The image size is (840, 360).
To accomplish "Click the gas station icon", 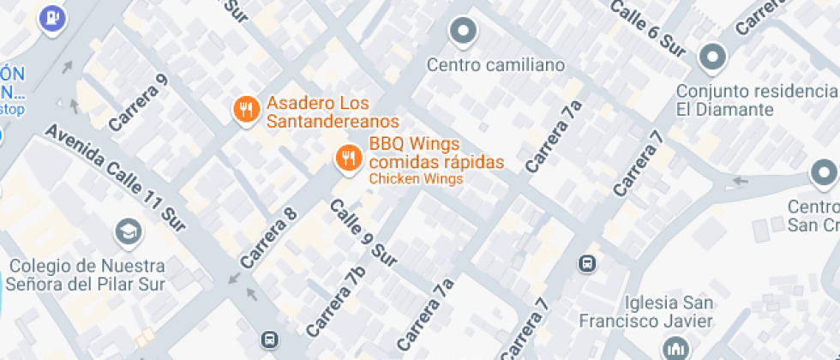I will (53, 16).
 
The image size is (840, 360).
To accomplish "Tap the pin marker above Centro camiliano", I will (463, 32).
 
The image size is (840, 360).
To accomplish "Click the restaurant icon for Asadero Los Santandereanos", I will (246, 109).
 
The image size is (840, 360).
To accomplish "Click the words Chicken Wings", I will (416, 179).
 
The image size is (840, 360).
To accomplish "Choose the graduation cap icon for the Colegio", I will (128, 231).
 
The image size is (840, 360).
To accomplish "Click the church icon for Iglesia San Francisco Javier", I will (673, 347).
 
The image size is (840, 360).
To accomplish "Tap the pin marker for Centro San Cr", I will (824, 174).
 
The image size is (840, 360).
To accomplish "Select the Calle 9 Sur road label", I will (363, 231).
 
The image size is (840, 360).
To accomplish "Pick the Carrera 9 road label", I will (137, 102).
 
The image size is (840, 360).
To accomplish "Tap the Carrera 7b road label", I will (335, 300).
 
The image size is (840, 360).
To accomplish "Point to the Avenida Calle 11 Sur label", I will (116, 178).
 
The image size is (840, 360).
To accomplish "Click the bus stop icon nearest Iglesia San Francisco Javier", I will (588, 262).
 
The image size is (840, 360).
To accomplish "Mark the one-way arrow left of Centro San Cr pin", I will (738, 181).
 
